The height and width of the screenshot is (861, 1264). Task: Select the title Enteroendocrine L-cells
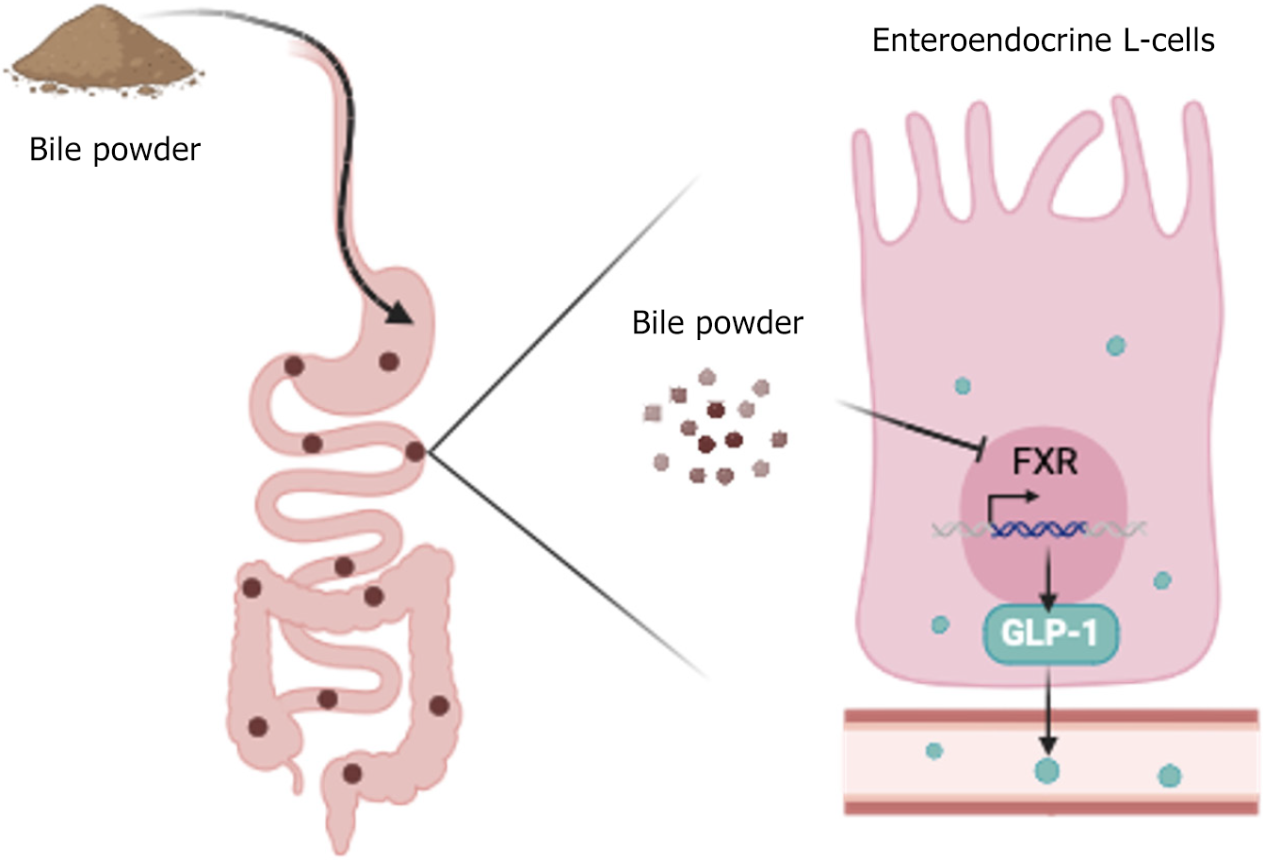1044,41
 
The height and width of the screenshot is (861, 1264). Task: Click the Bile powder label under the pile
115,150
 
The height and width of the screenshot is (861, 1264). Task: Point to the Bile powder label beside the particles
718,323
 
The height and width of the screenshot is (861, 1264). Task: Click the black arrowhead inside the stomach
401,314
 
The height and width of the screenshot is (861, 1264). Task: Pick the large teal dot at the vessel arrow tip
1046,771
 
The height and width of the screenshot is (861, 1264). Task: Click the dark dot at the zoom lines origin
414,452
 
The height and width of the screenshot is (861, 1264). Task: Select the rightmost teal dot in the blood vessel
1169,775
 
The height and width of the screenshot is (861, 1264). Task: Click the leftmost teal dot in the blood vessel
934,751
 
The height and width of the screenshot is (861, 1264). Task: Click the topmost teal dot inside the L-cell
1116,346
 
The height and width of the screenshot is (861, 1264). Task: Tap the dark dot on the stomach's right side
388,360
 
